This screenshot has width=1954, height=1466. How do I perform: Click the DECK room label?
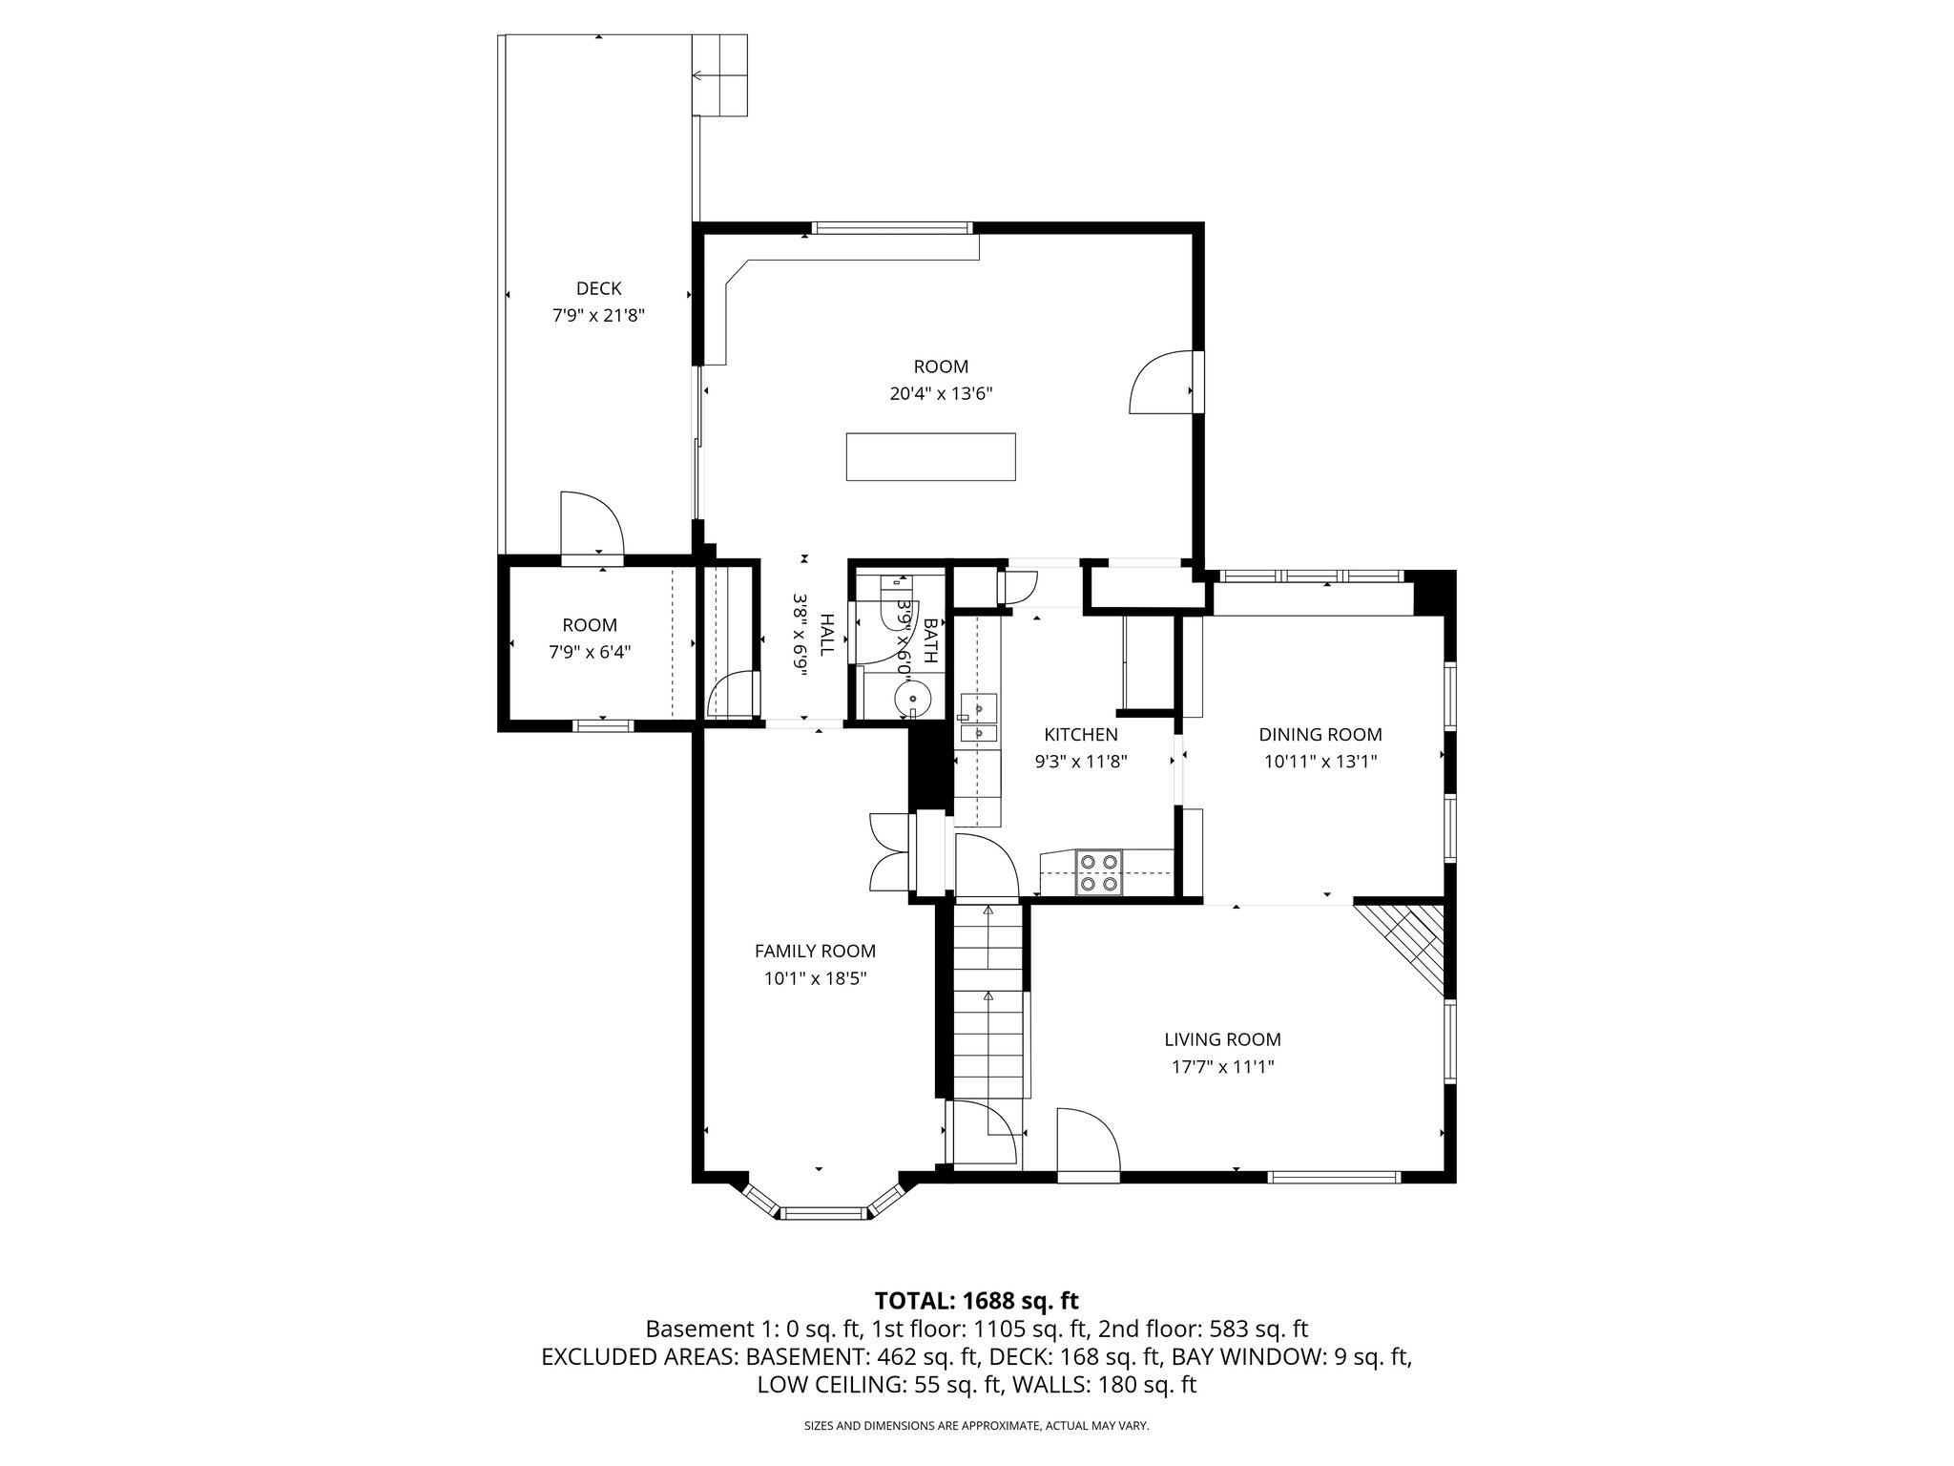(598, 288)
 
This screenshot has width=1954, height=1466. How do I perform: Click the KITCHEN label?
(1080, 735)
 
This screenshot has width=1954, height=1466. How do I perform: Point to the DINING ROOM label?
(1320, 734)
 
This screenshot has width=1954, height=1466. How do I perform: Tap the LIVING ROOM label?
(1221, 1039)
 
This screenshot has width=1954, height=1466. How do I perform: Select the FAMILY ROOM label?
(814, 951)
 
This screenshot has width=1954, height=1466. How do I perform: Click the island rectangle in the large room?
(930, 456)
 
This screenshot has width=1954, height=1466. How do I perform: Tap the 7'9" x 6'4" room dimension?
(589, 652)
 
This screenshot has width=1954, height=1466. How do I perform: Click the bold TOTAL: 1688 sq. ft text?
(976, 1300)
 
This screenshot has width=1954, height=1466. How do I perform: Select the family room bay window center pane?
(823, 1213)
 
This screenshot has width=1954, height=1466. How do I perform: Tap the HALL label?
(827, 634)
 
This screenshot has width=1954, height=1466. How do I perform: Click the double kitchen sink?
(979, 719)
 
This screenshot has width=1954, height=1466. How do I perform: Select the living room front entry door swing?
(1086, 1141)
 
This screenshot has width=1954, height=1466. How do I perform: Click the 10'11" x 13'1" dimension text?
(1320, 762)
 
